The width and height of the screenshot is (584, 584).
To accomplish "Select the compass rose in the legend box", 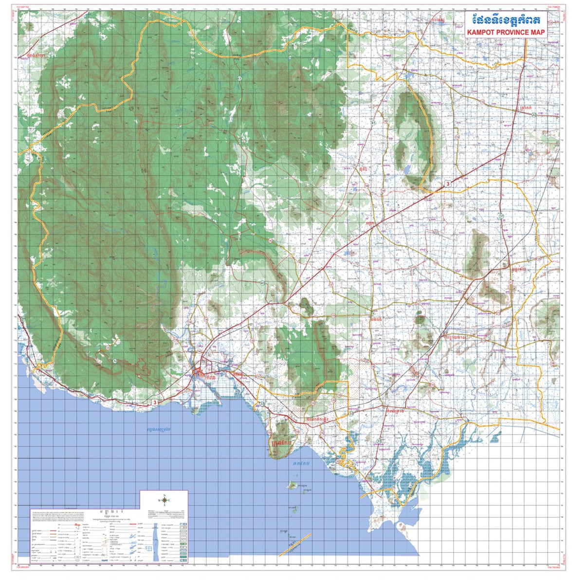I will click(164, 500).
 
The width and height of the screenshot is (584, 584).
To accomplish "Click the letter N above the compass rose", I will click(164, 495).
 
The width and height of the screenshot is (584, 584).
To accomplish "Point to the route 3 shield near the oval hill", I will click(448, 184).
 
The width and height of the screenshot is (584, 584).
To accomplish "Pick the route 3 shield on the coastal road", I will click(155, 402).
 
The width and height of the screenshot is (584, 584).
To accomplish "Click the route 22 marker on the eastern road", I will click(533, 114).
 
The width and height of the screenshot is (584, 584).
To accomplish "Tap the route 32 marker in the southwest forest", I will click(115, 361).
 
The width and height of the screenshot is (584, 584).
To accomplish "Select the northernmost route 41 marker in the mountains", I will click(239, 78).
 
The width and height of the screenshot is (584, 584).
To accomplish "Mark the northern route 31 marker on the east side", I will click(501, 216).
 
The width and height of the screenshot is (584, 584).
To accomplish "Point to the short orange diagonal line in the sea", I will click(295, 545).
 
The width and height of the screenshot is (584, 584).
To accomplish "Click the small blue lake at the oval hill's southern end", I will click(406, 170).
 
